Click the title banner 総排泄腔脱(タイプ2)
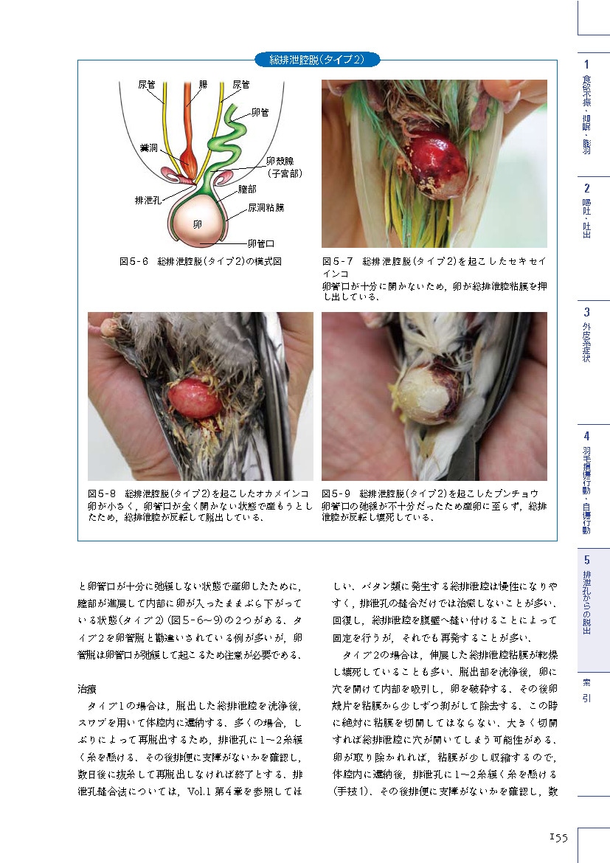(x=316, y=59)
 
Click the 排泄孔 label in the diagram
(x=149, y=200)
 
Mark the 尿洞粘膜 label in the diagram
(x=266, y=208)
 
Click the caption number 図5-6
(x=134, y=261)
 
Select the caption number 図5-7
(x=339, y=261)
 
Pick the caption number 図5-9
(x=337, y=493)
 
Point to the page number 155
(x=558, y=836)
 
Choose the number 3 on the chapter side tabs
(x=586, y=311)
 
